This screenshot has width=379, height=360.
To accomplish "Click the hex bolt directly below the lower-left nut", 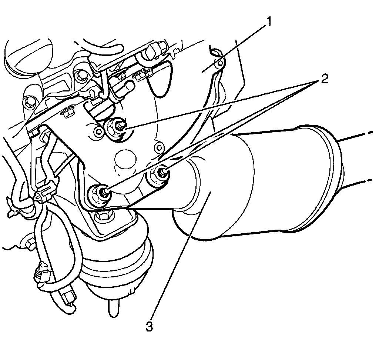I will tap(101, 217).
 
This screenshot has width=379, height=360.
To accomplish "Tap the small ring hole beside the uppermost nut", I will tap(98, 131).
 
